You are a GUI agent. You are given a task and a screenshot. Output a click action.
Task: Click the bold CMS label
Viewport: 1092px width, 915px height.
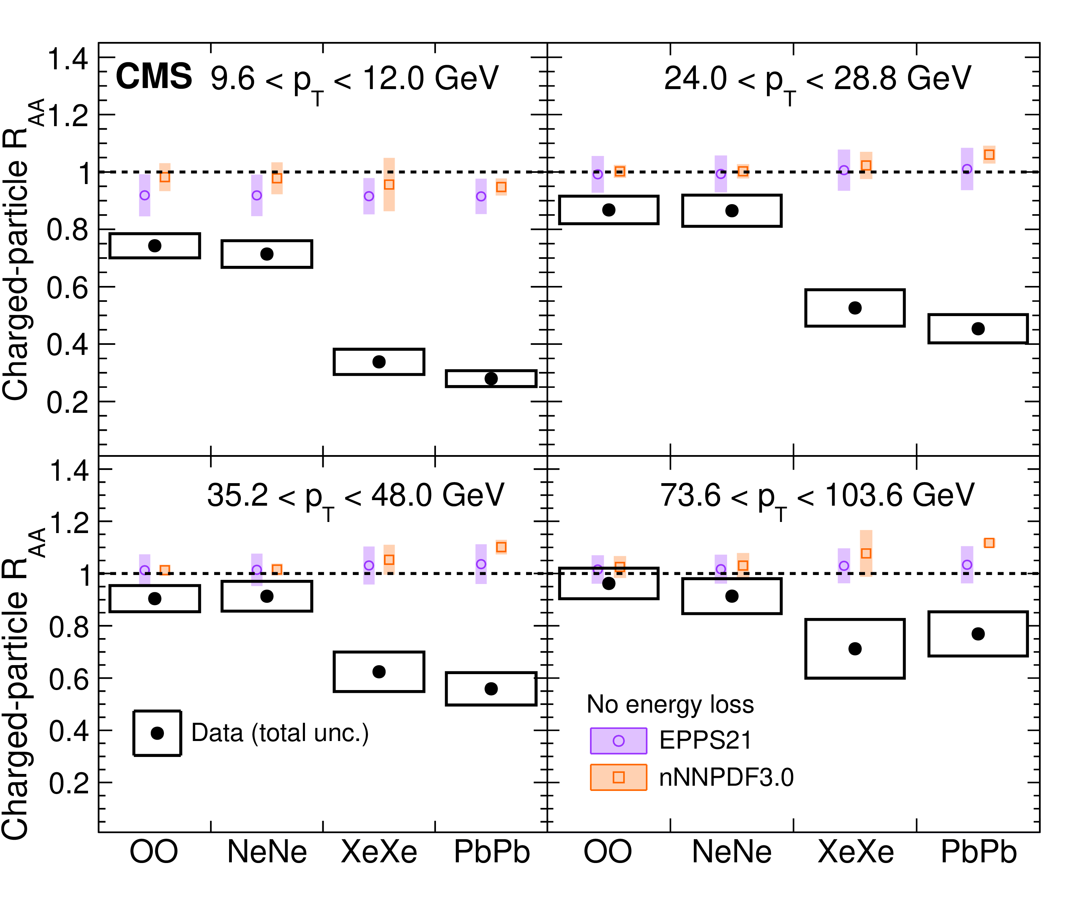154,77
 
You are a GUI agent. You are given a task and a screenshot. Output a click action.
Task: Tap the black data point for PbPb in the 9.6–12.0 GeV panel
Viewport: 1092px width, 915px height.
491,379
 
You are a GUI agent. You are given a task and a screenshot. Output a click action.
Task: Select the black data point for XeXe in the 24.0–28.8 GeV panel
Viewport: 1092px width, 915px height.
855,308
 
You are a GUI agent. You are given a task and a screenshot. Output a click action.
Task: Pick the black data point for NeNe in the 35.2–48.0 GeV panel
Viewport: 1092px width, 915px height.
267,596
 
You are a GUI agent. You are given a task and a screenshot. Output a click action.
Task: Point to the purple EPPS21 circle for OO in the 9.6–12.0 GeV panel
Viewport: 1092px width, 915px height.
145,195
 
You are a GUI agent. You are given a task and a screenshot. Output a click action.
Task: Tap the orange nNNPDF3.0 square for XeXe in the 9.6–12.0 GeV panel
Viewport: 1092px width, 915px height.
389,185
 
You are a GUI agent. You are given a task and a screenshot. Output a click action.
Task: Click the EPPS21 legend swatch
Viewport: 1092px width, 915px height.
618,741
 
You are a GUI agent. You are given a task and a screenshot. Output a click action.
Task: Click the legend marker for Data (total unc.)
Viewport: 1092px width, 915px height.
157,733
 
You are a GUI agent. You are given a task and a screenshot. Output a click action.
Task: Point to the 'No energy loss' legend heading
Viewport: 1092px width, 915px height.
670,704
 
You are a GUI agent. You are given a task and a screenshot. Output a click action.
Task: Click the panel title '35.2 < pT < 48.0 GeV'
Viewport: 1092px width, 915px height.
355,496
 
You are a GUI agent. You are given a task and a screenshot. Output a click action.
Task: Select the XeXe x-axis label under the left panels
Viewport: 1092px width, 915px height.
379,852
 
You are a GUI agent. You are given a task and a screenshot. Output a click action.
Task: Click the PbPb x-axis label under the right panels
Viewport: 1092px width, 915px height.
979,852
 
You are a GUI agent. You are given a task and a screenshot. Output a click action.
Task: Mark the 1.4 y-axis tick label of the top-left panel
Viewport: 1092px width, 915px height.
68,59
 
